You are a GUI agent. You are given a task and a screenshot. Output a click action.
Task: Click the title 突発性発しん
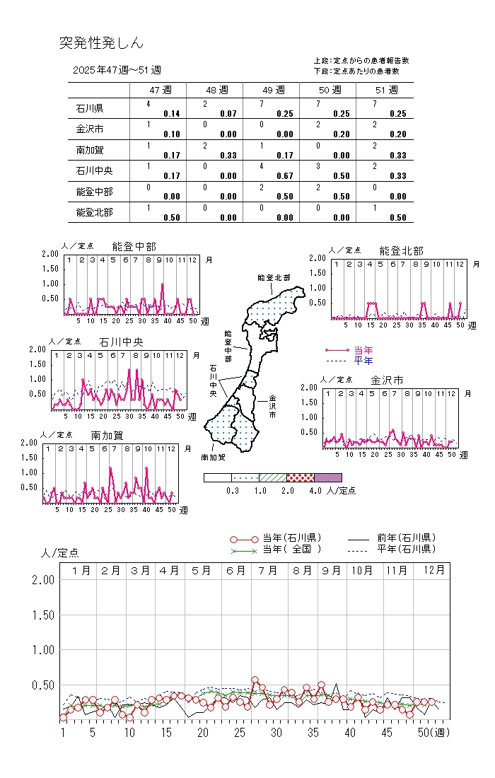pyautogui.click(x=101, y=43)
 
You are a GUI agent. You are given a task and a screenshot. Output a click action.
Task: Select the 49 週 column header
pyautogui.click(x=272, y=90)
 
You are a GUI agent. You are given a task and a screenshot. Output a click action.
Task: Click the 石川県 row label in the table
pyautogui.click(x=90, y=109)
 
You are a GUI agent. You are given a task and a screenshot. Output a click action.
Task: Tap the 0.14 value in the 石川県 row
pyautogui.click(x=171, y=113)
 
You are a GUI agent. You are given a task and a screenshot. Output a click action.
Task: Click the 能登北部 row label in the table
pyautogui.click(x=94, y=211)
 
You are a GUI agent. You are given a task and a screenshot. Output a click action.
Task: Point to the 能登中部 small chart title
pyautogui.click(x=134, y=246)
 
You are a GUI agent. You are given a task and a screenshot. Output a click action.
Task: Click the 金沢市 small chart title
pyautogui.click(x=387, y=381)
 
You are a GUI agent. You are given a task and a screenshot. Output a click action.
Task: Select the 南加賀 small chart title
pyautogui.click(x=107, y=435)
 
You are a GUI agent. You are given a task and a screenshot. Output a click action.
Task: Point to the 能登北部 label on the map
pyautogui.click(x=274, y=278)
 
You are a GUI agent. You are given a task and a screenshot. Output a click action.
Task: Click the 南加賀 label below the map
pyautogui.click(x=213, y=457)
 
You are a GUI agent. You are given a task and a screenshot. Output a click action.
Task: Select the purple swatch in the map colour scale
pyautogui.click(x=327, y=477)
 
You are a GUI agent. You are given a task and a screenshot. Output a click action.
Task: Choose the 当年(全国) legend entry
pyautogui.click(x=291, y=549)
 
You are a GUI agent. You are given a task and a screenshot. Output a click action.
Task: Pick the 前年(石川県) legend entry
pyautogui.click(x=406, y=538)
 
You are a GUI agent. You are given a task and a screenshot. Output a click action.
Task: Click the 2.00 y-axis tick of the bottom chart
pyautogui.click(x=43, y=580)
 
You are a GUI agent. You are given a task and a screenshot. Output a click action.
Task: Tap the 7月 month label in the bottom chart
pyautogui.click(x=268, y=570)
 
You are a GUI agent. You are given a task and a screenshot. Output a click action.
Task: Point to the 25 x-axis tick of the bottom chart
pyautogui.click(x=240, y=732)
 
